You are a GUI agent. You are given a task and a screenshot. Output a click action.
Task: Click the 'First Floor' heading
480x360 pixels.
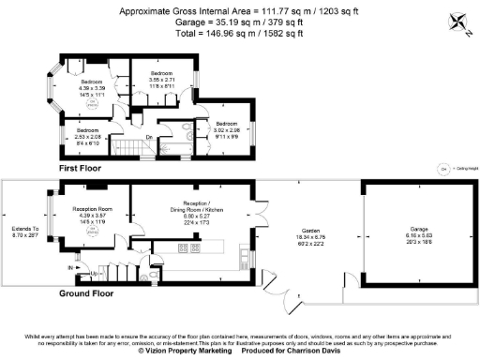click(x=80, y=168)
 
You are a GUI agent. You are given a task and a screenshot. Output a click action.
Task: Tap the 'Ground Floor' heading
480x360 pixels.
click(x=85, y=293)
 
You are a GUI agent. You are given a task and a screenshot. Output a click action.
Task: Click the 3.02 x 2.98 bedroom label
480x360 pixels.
click(x=227, y=129)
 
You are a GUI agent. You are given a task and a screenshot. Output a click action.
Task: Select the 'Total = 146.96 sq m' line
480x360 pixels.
click(x=239, y=33)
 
